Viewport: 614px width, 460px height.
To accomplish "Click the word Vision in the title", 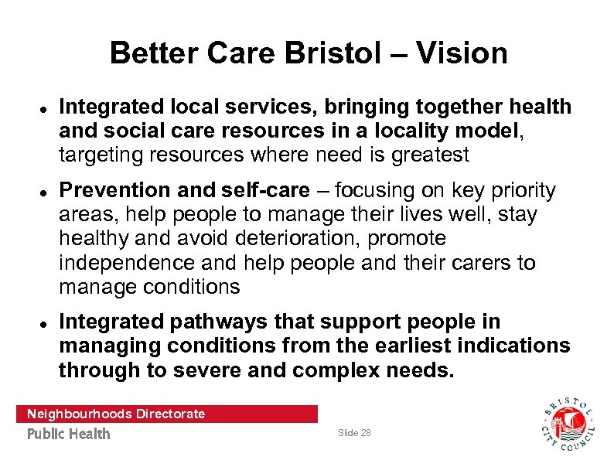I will (x=462, y=53).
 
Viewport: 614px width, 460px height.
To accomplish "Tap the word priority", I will (x=519, y=190).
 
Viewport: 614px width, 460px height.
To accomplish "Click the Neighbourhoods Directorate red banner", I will (x=166, y=414).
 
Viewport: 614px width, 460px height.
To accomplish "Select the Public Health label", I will (x=69, y=434).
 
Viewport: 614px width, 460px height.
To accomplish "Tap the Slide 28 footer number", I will (x=354, y=433).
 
